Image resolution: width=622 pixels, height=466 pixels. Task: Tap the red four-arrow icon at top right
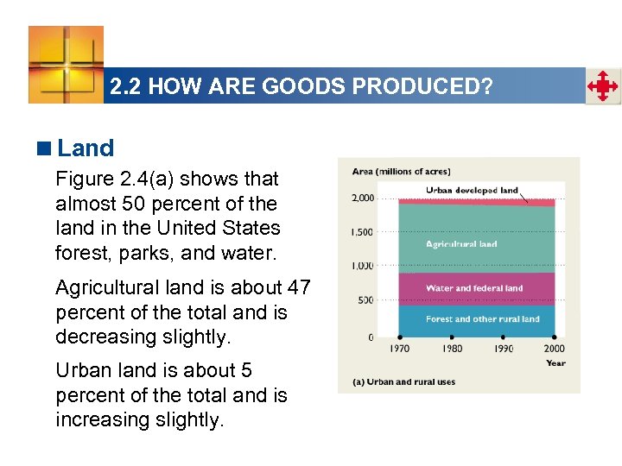(x=603, y=87)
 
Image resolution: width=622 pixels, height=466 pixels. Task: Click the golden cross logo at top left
(x=66, y=64)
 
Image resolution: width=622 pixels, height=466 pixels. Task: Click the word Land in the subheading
(x=86, y=148)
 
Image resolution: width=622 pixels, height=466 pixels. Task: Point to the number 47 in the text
(x=295, y=287)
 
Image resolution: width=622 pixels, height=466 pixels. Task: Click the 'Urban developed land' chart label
(x=472, y=191)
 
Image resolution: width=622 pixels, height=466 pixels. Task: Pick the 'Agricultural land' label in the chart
(x=461, y=244)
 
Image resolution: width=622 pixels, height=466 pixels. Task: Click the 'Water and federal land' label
(x=474, y=288)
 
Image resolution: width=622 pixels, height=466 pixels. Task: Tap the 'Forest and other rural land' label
(x=482, y=319)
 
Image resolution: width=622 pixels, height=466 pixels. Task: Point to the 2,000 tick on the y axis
(x=363, y=198)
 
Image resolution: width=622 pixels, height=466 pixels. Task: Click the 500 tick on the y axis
(x=365, y=300)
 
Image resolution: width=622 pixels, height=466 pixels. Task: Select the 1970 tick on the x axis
(x=400, y=349)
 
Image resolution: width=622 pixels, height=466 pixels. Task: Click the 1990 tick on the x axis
(x=503, y=349)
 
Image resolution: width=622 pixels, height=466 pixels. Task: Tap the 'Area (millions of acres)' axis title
(x=401, y=171)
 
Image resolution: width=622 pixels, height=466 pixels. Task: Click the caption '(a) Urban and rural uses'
(x=403, y=382)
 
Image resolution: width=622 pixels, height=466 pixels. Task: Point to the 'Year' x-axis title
(x=555, y=363)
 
